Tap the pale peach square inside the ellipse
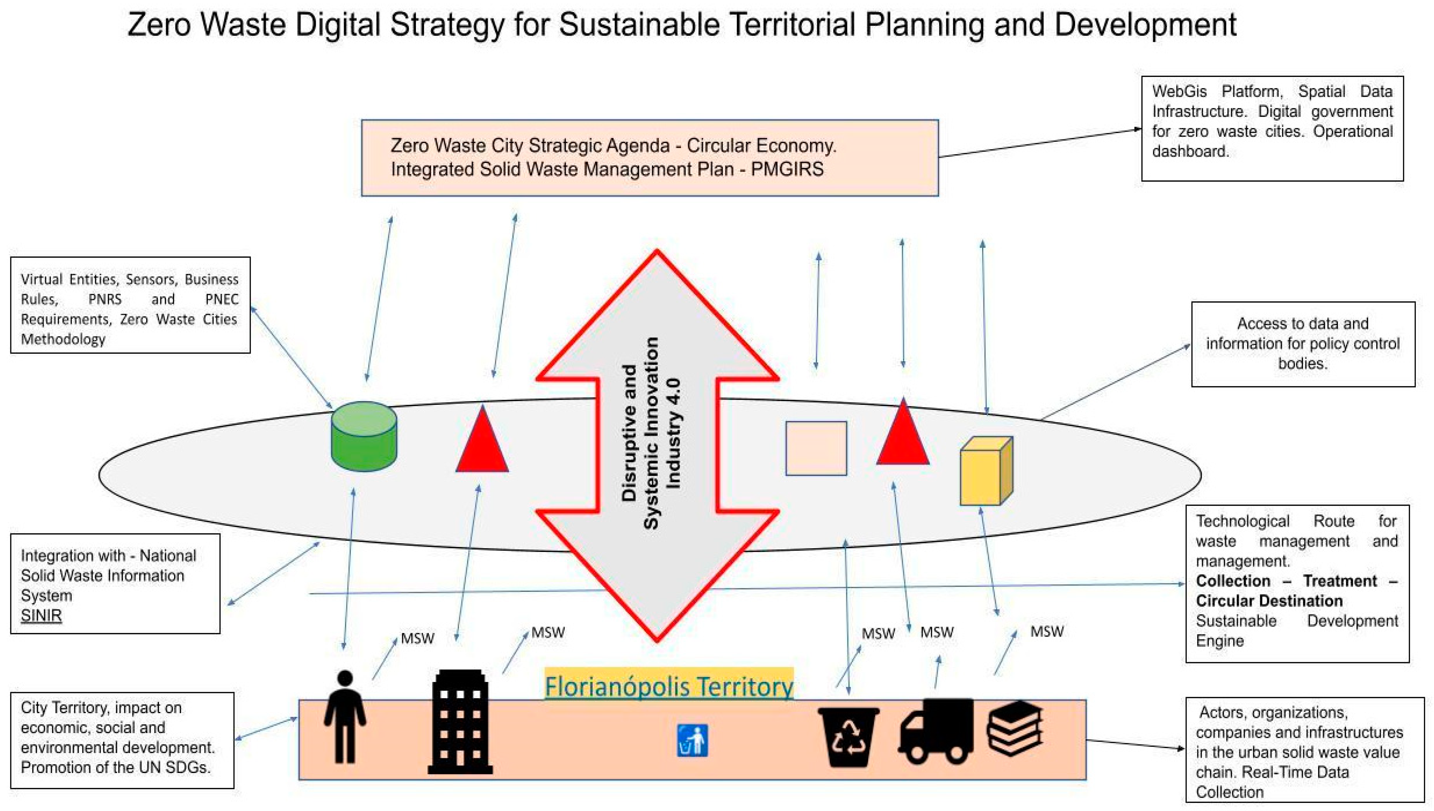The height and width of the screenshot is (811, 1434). point(816,449)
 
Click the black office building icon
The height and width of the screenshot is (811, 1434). point(460,722)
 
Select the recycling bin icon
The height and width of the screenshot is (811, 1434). point(848,736)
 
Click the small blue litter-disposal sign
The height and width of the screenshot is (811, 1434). point(692,740)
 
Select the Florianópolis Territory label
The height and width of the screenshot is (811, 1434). point(668,686)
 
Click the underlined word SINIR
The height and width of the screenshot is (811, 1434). point(41,615)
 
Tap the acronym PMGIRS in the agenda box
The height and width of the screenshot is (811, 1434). point(787,169)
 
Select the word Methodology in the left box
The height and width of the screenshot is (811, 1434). point(63,339)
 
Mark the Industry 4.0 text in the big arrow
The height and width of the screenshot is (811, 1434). point(673,433)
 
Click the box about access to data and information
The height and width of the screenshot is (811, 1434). point(1303,344)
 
